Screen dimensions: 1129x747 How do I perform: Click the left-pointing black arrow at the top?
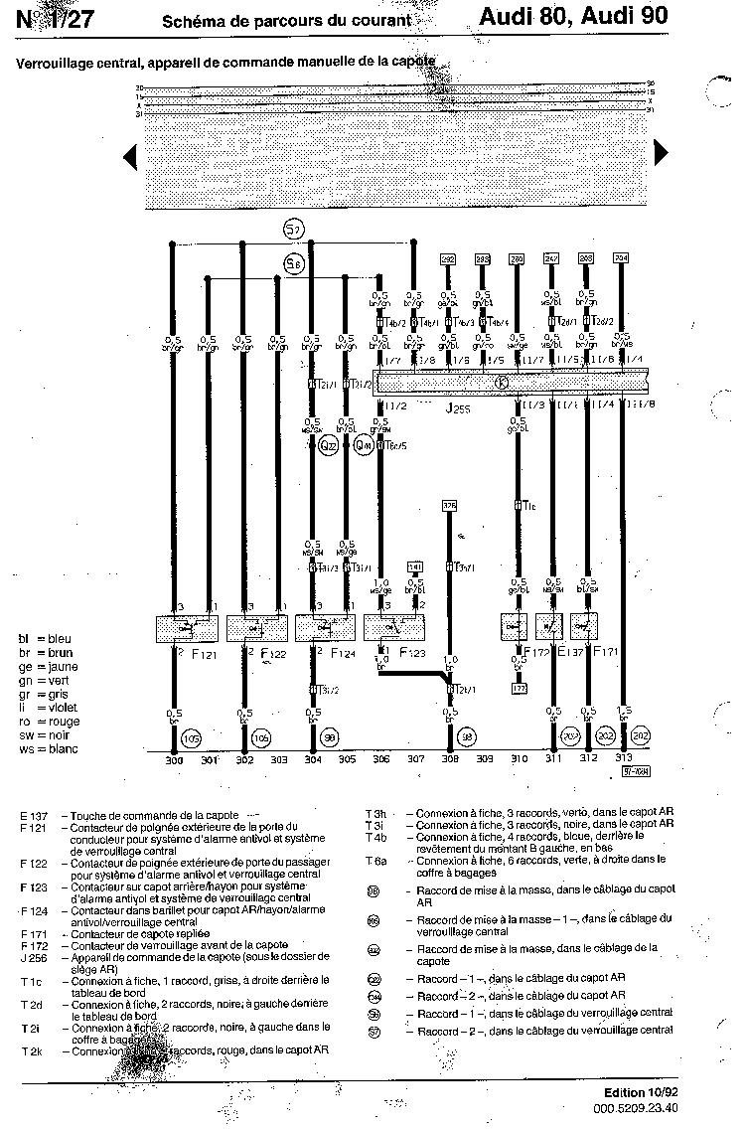[129, 155]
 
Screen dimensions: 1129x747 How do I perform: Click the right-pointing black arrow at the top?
[661, 152]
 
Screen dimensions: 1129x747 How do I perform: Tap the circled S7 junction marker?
[293, 231]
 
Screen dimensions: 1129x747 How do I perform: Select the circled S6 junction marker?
[293, 263]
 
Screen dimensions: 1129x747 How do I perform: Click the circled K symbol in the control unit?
[502, 383]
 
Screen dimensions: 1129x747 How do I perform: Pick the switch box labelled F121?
[188, 628]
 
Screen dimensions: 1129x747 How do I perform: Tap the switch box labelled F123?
[394, 628]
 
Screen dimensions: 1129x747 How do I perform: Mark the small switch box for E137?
[550, 626]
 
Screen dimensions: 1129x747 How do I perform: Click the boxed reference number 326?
[449, 506]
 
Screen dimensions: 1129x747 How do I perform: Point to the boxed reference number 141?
[416, 566]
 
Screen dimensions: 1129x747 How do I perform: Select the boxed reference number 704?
[622, 257]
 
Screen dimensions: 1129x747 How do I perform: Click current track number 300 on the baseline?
[174, 760]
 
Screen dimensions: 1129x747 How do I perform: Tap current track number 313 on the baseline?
[623, 760]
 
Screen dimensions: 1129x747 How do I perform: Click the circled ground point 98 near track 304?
[330, 737]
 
